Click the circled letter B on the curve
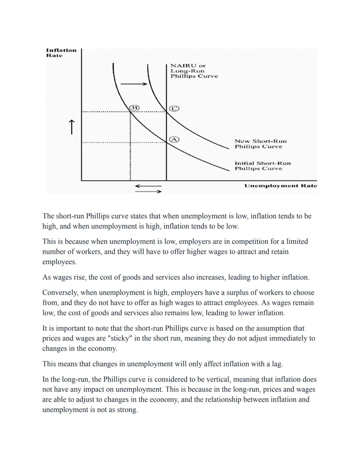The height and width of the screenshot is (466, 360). pyautogui.click(x=134, y=107)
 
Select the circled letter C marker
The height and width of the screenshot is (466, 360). pyautogui.click(x=174, y=108)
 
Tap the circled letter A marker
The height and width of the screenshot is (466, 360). pyautogui.click(x=174, y=139)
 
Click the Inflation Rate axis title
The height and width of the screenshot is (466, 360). pyautogui.click(x=61, y=53)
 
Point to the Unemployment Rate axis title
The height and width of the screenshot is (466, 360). pyautogui.click(x=280, y=186)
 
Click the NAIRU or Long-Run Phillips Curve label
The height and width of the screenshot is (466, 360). pyautogui.click(x=194, y=71)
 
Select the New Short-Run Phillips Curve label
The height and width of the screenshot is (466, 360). pyautogui.click(x=260, y=144)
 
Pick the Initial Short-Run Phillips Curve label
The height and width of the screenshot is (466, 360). pyautogui.click(x=262, y=166)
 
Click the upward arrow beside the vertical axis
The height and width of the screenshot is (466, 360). pyautogui.click(x=71, y=127)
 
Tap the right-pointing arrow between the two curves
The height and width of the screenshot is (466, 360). pyautogui.click(x=134, y=84)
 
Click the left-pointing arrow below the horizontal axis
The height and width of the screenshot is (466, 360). pyautogui.click(x=148, y=186)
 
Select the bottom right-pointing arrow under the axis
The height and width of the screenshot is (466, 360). pyautogui.click(x=148, y=191)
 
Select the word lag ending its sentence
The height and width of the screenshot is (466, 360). pyautogui.click(x=276, y=364)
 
